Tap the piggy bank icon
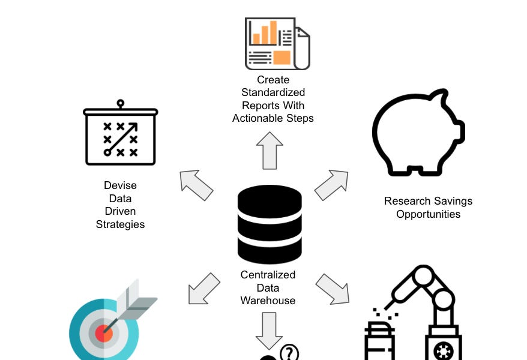tap(418, 131)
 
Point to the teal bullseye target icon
tap(104, 329)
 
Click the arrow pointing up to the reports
tap(269, 150)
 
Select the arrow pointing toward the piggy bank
tap(331, 185)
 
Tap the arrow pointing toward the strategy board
tap(196, 185)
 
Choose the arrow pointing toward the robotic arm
tap(332, 289)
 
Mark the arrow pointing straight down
tap(268, 330)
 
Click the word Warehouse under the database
tap(268, 301)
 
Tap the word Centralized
tap(268, 275)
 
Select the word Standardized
tap(273, 92)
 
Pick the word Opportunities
tap(428, 214)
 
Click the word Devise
tap(120, 185)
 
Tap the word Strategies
tap(120, 224)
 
